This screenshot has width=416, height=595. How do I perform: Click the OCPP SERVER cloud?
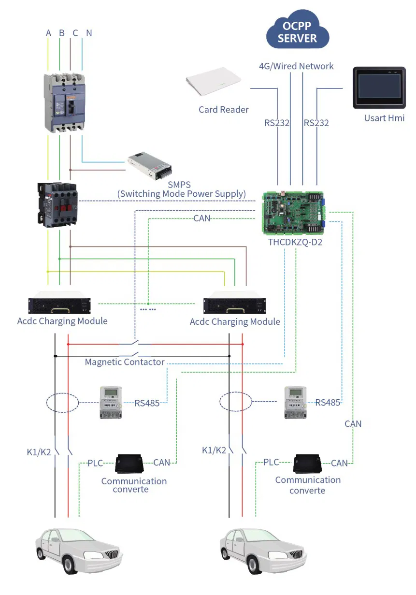pos(297,33)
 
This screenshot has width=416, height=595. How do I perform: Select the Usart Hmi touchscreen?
pos(379,88)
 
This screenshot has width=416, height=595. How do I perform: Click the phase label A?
pos(48,33)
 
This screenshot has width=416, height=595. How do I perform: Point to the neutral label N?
pos(89,33)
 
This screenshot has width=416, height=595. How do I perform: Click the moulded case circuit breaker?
pos(65,102)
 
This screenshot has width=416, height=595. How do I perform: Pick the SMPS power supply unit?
pos(151,166)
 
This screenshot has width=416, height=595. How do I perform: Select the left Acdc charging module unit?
pos(60,304)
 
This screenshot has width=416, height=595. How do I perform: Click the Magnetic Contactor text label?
pos(125,362)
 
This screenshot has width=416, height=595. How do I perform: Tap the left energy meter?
pos(111,402)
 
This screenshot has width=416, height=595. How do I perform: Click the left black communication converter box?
pos(129,464)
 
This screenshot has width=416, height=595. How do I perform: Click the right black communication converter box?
pos(308,464)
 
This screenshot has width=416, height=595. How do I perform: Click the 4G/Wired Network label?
pos(296,66)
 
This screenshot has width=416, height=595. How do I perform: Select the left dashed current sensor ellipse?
pos(63,403)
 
